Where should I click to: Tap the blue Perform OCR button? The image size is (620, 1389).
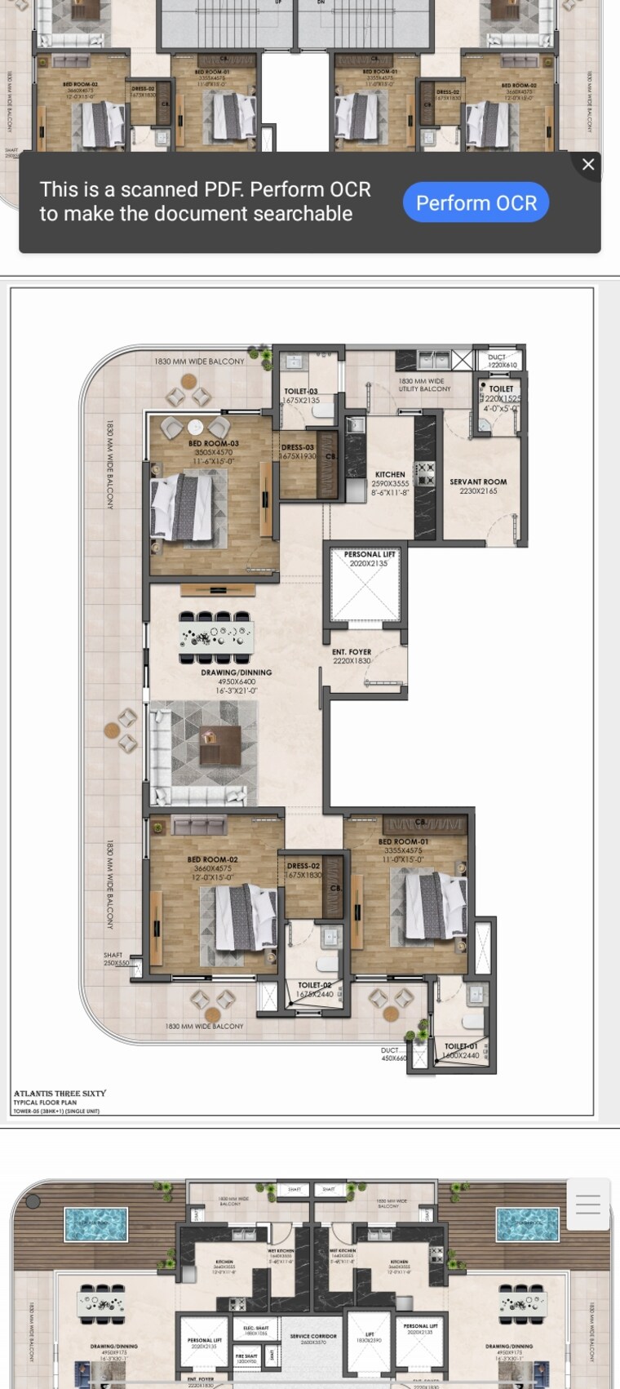point(476,202)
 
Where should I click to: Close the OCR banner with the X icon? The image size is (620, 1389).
point(587,164)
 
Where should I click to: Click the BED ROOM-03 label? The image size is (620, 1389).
point(213,444)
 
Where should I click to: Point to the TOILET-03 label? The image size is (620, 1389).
point(301,392)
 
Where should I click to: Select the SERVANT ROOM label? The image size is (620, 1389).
point(478,482)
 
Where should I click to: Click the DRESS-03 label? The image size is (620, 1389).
point(298,448)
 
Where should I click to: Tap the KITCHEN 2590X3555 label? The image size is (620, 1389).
point(390,475)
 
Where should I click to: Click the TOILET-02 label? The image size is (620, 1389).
point(314,986)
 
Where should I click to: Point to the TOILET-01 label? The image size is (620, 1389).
point(461,1046)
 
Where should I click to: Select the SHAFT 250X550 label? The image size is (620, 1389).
point(114,956)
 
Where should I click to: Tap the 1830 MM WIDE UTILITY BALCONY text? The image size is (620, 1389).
point(424,385)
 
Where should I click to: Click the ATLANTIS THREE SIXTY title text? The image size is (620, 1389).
point(60,1094)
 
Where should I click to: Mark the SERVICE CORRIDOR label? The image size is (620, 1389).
point(313,1337)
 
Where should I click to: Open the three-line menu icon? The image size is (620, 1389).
point(587,1204)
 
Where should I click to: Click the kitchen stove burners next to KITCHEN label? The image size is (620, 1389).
point(425,473)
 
